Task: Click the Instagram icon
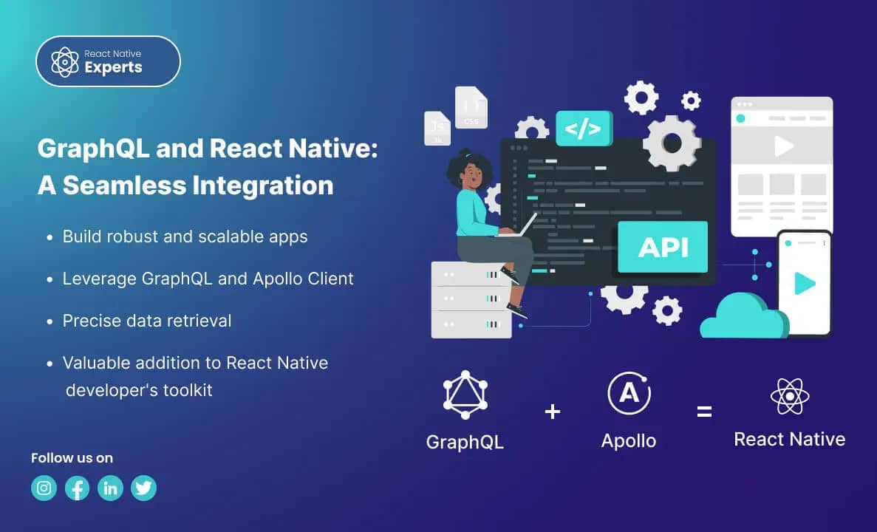(44, 488)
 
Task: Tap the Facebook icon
(78, 488)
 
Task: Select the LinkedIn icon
(111, 488)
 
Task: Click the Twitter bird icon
(143, 488)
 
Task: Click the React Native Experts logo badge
(108, 61)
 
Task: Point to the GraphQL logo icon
(465, 395)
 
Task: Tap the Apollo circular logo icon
(629, 393)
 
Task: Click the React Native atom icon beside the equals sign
(790, 397)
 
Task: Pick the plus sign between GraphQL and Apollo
(553, 412)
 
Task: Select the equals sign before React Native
(704, 412)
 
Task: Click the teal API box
(663, 247)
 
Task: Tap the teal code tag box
(584, 129)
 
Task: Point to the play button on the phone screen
(804, 283)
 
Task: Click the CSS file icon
(471, 108)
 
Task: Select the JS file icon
(437, 128)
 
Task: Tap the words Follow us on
(72, 458)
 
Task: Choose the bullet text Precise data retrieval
(146, 321)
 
